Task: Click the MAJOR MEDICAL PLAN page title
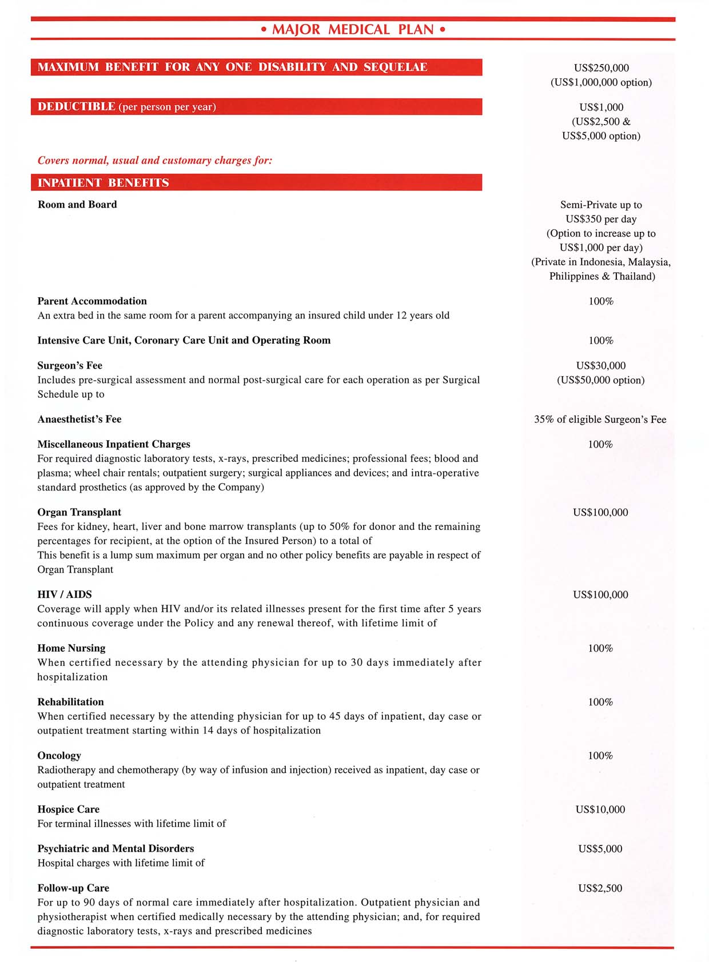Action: pyautogui.click(x=353, y=30)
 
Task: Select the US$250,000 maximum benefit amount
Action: pyautogui.click(x=601, y=68)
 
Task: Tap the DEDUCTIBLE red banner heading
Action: pyautogui.click(x=77, y=107)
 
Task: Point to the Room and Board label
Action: pyautogui.click(x=77, y=205)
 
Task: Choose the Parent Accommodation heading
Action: pyautogui.click(x=92, y=301)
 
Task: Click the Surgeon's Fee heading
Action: pyautogui.click(x=70, y=366)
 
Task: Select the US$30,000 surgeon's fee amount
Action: pyautogui.click(x=600, y=366)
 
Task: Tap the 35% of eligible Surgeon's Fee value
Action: pyautogui.click(x=600, y=420)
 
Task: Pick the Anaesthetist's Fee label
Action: pyautogui.click(x=79, y=420)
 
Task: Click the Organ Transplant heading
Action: pyautogui.click(x=79, y=513)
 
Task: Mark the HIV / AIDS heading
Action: pyautogui.click(x=65, y=594)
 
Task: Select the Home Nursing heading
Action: pyautogui.click(x=71, y=648)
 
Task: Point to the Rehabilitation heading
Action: pyautogui.click(x=71, y=702)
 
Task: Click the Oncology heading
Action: pyautogui.click(x=59, y=756)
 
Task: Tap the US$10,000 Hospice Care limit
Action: pyautogui.click(x=600, y=809)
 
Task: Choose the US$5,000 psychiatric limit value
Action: pyautogui.click(x=600, y=849)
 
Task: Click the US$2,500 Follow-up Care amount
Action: pyautogui.click(x=600, y=888)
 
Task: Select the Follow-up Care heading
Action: pyautogui.click(x=73, y=888)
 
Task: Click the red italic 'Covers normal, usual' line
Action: pyautogui.click(x=154, y=161)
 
